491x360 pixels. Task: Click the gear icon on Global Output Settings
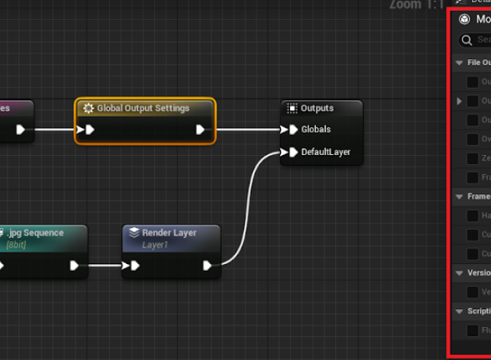[x=88, y=109]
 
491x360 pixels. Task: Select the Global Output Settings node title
[x=143, y=108]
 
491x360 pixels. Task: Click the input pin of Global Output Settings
[x=90, y=130]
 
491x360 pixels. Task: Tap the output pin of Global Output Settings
[x=200, y=130]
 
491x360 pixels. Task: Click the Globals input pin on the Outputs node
[x=292, y=130]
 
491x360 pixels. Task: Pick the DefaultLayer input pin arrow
[x=292, y=151]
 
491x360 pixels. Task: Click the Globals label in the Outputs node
[x=316, y=130]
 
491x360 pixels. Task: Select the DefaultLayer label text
[x=326, y=151]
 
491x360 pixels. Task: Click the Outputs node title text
[x=317, y=108]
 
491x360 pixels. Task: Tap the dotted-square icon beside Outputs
[x=292, y=108]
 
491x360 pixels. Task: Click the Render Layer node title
[x=169, y=233]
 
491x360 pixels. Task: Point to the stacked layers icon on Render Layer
[x=134, y=233]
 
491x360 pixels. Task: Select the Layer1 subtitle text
[x=155, y=246]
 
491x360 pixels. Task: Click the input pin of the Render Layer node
[x=135, y=266]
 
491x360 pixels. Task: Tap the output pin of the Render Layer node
[x=207, y=266]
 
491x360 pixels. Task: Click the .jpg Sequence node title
[x=37, y=233]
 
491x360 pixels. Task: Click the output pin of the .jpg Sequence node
[x=74, y=266]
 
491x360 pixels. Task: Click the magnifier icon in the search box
[x=466, y=40]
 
